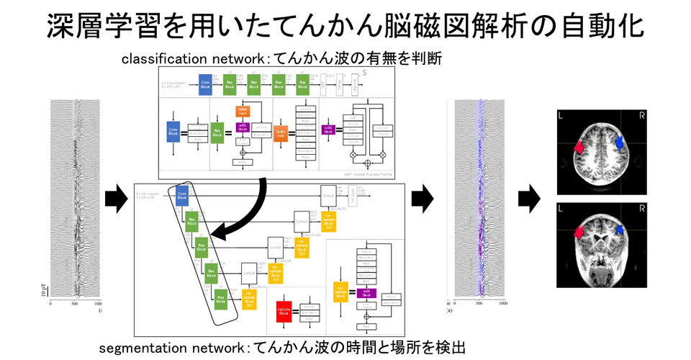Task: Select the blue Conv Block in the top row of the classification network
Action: tap(205, 84)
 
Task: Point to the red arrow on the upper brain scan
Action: tap(578, 147)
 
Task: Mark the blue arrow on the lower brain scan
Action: tap(618, 229)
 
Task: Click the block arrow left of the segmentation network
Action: tap(115, 197)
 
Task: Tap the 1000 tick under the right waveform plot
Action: tap(502, 305)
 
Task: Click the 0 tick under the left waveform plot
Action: tap(50, 305)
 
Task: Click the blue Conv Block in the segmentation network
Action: tap(182, 194)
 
